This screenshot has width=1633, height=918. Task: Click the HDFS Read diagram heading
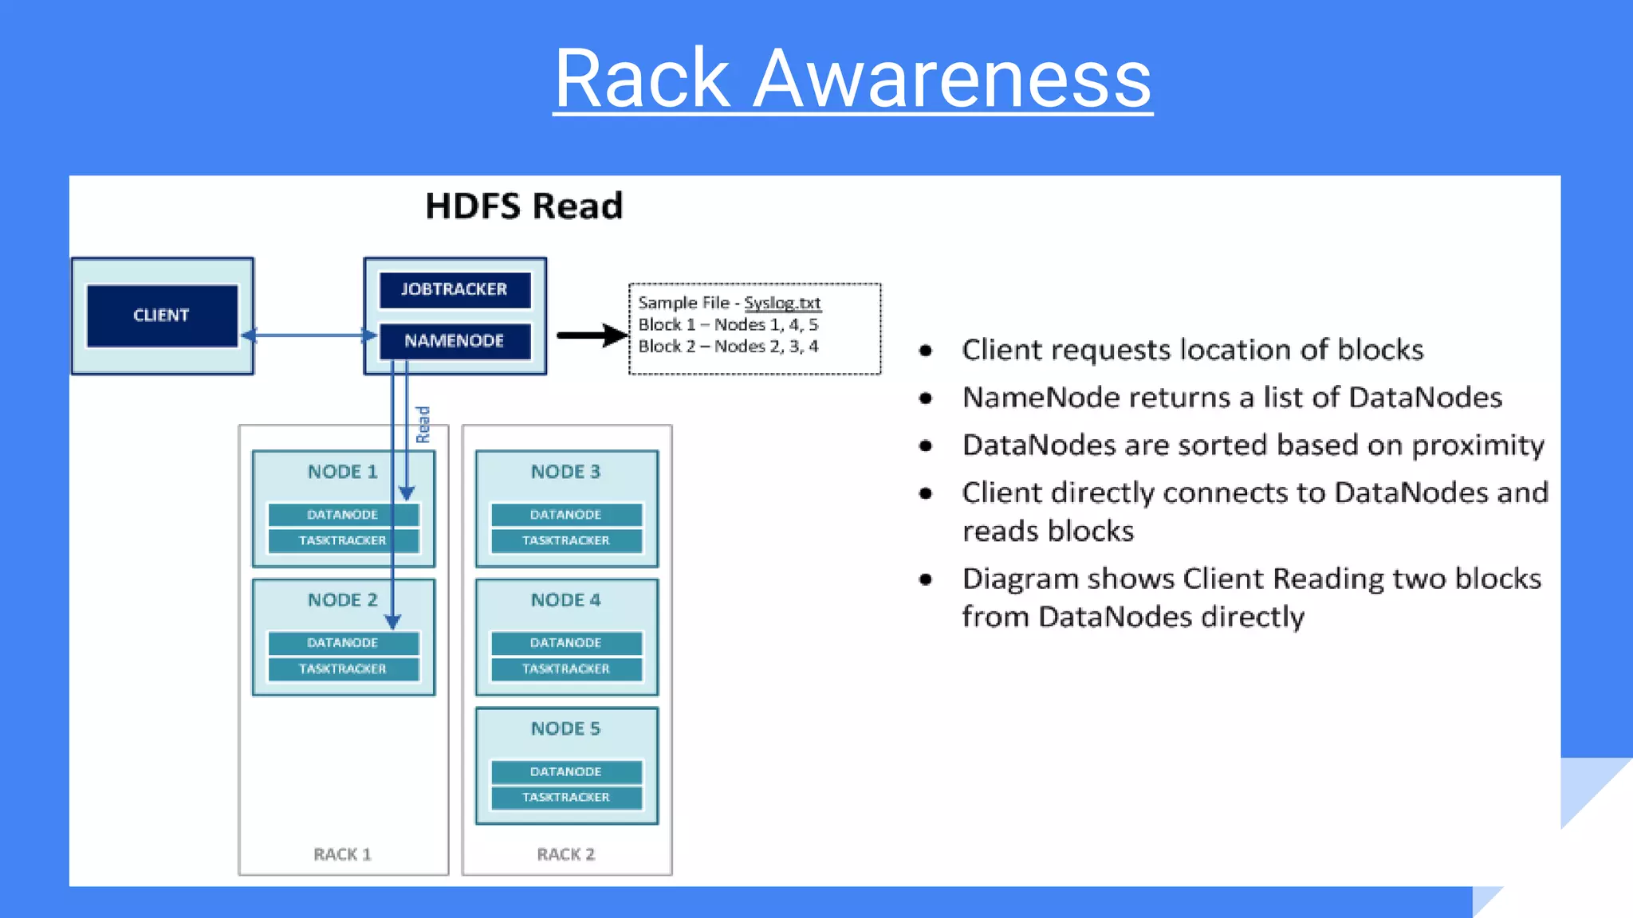coord(524,206)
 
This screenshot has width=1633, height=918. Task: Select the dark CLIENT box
coord(162,316)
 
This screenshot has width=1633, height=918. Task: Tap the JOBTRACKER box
coord(454,289)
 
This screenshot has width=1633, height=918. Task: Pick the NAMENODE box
coord(454,341)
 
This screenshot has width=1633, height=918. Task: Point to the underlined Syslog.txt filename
coord(782,303)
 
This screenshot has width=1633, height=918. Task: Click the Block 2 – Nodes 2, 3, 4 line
coord(728,347)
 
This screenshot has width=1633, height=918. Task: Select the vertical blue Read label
coord(423,424)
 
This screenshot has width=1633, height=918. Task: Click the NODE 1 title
coord(343,472)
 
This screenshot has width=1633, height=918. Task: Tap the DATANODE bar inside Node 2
coord(343,643)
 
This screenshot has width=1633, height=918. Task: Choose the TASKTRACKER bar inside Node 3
coord(566,540)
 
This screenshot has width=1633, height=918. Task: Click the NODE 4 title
coord(566,600)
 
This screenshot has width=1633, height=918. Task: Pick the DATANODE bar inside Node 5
coord(566,771)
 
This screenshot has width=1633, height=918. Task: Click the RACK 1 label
coord(343,854)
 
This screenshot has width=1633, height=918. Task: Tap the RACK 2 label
coord(566,854)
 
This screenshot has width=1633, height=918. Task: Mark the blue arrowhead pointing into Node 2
coord(392,621)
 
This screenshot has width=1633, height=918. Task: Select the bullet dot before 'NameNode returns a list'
coord(926,398)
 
